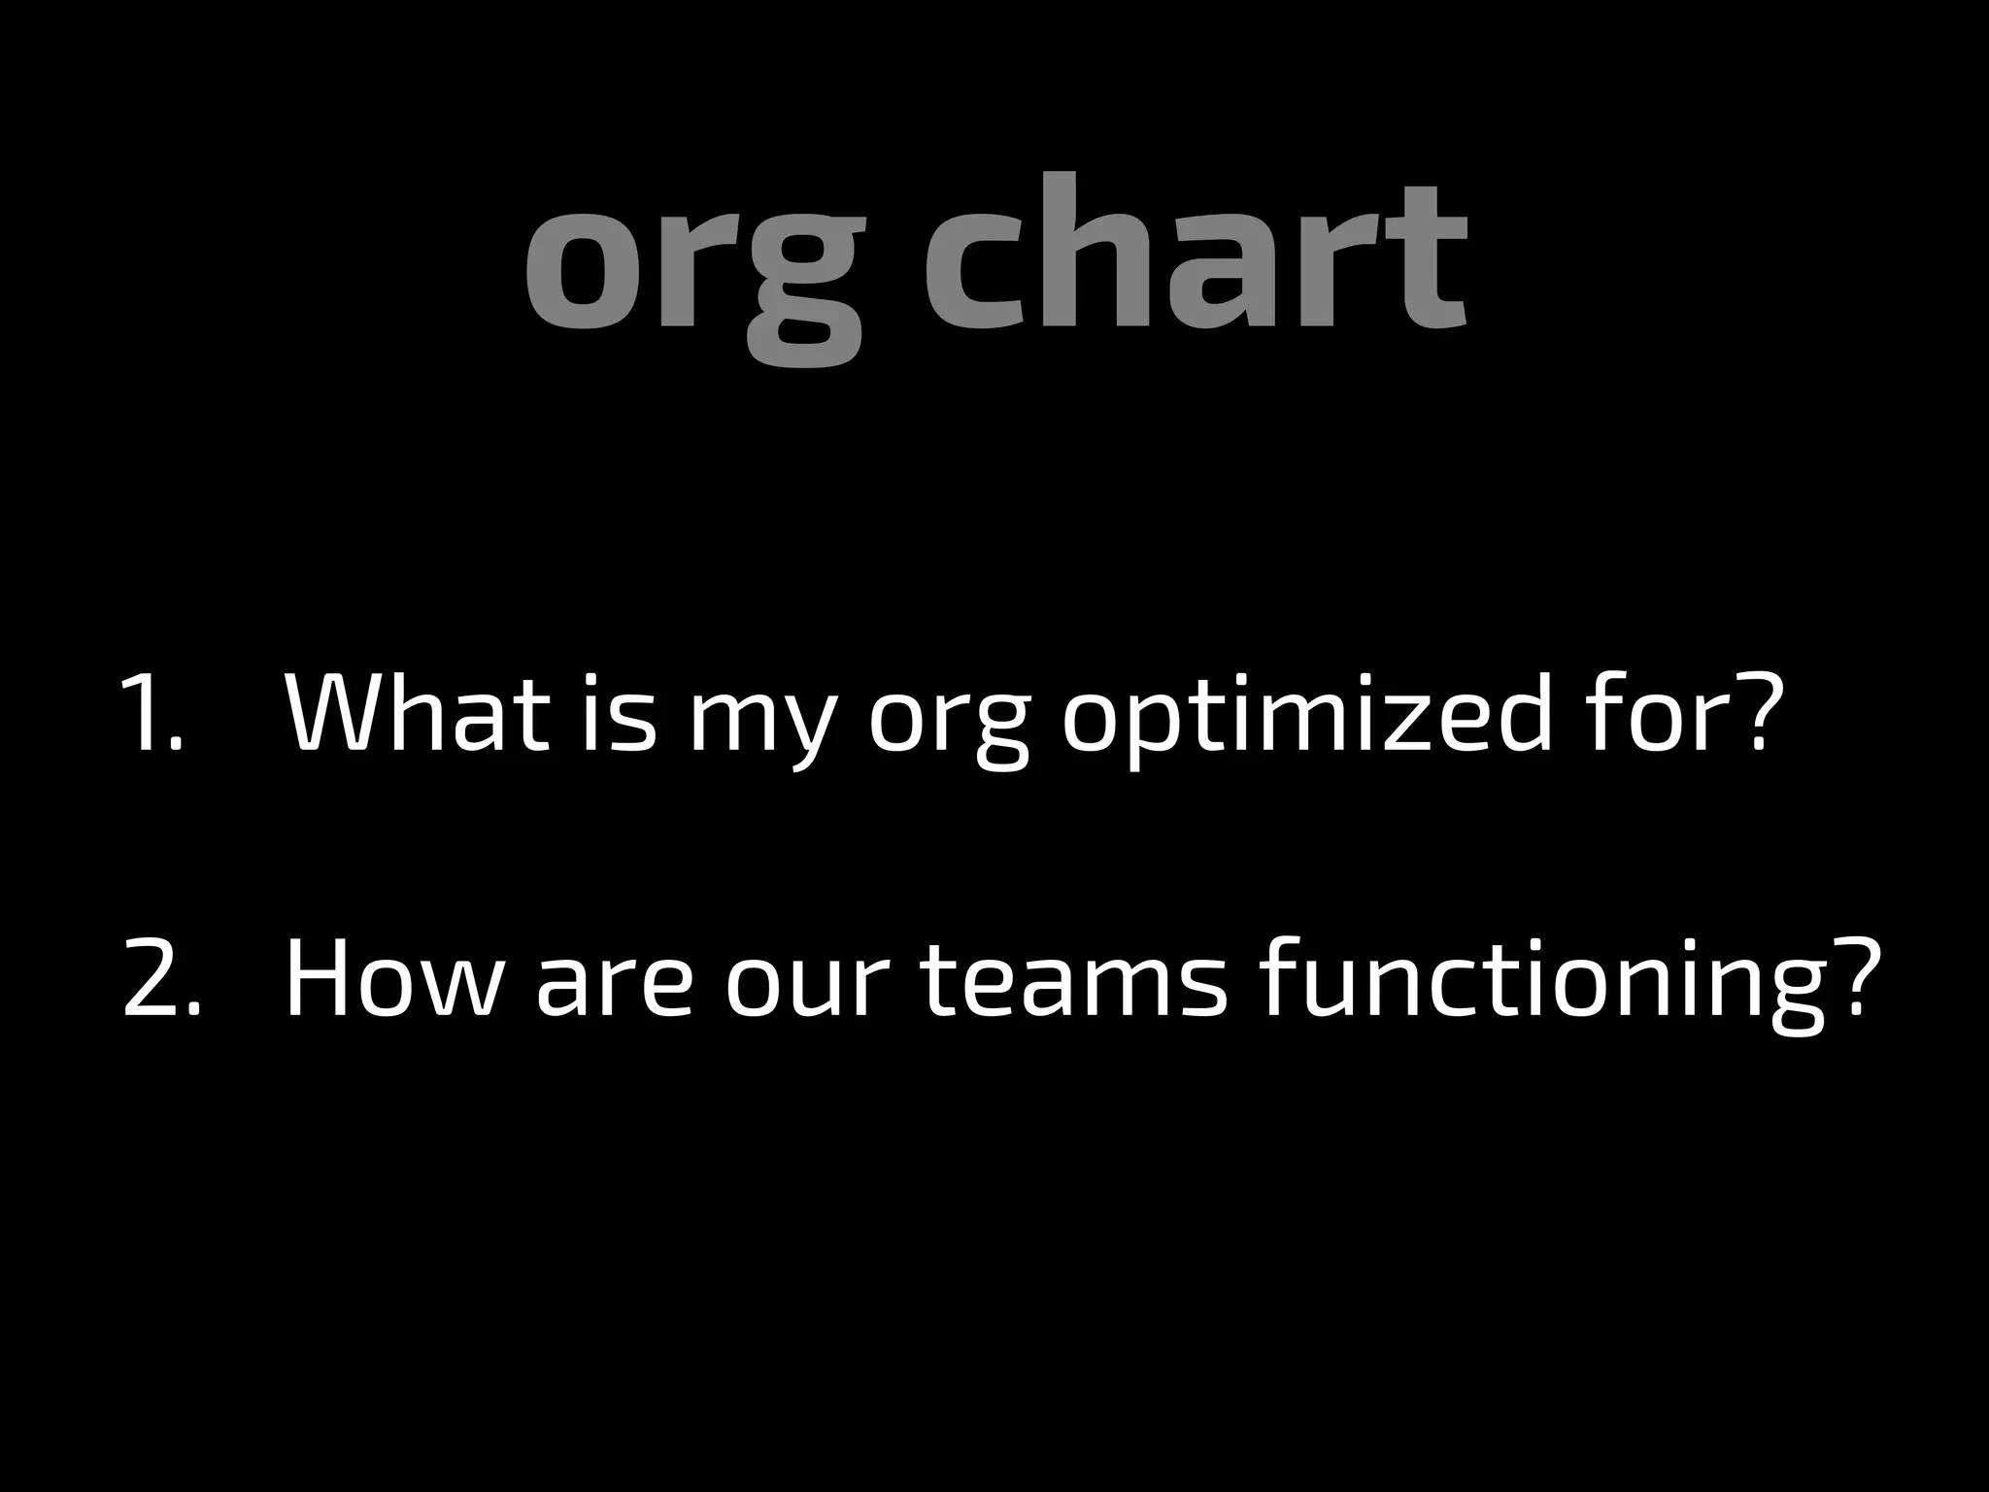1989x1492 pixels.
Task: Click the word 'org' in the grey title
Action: pos(693,267)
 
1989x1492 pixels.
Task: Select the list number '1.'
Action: pos(152,714)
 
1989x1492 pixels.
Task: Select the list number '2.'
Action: pos(161,978)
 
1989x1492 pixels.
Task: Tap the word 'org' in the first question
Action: pos(948,724)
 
